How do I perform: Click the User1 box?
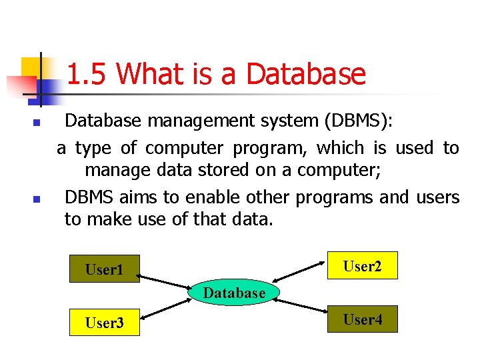[105, 269]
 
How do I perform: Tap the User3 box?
[105, 323]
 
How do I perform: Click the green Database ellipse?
[234, 293]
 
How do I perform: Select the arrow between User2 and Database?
[303, 275]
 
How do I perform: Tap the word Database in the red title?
[306, 74]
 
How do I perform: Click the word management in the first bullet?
[193, 121]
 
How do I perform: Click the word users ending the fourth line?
[437, 198]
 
